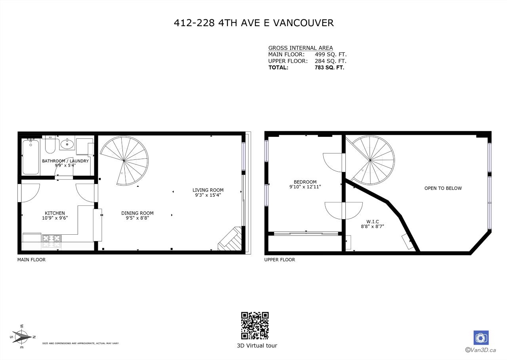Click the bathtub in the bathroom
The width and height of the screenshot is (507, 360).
tap(30, 157)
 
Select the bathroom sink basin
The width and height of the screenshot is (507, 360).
tap(67, 144)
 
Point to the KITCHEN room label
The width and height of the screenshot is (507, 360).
tap(55, 213)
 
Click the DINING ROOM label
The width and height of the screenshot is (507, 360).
tap(137, 213)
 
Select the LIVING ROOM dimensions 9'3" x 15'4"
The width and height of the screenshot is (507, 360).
tap(208, 195)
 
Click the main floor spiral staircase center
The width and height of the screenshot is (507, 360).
tap(124, 161)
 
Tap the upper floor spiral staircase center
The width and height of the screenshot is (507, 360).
tap(370, 160)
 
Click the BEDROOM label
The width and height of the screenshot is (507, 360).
tap(305, 182)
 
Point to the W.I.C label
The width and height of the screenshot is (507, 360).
tap(373, 222)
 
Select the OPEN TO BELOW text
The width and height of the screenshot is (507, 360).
tap(443, 188)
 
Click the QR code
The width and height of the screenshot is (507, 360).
tap(255, 326)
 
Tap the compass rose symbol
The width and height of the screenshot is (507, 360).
tap(22, 337)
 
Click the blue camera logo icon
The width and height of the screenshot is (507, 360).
tap(481, 337)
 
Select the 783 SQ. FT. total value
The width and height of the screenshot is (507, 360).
tap(329, 67)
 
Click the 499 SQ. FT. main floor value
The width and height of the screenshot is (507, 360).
tap(330, 54)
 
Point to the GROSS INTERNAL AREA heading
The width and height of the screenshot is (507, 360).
tap(300, 48)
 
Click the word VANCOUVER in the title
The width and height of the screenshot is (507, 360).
tap(303, 23)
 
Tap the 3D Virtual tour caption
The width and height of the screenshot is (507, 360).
tap(257, 345)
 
